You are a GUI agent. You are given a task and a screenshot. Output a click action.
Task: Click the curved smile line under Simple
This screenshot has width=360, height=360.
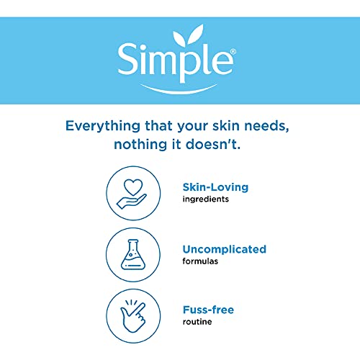[179, 88]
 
